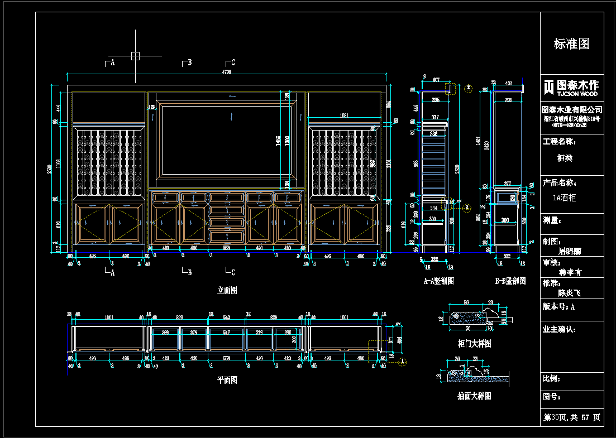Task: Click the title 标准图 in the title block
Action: coord(571,44)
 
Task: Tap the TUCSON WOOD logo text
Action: coord(570,94)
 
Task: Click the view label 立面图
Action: coord(227,290)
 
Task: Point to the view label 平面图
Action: coord(227,380)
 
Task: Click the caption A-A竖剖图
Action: coord(438,281)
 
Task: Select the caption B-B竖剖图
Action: coord(510,281)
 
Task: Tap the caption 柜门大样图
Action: coord(474,344)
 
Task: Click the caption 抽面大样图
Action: coord(474,396)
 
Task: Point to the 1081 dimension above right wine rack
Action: coord(345,115)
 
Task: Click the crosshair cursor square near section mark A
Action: coord(135,55)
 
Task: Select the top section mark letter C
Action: coord(232,62)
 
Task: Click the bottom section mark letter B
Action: coord(189,273)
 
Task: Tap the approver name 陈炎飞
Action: coord(570,292)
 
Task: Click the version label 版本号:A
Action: coord(559,307)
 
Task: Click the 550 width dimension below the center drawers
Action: coord(226,247)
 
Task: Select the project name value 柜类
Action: coord(565,158)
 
